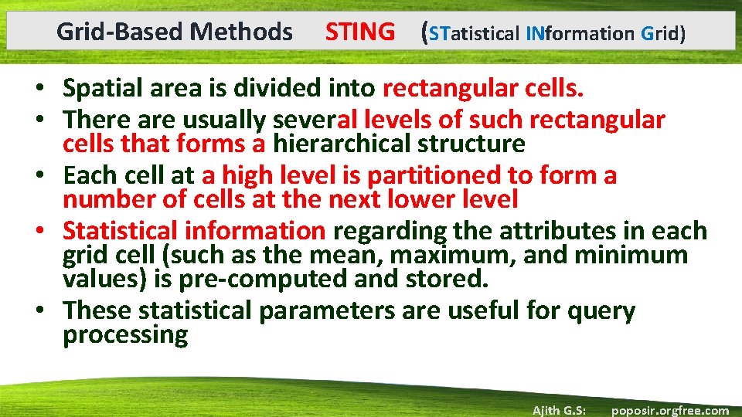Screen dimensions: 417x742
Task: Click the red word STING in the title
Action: (359, 32)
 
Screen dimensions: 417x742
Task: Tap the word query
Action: (601, 311)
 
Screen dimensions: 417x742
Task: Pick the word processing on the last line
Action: (125, 335)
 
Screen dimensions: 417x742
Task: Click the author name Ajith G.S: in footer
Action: (559, 410)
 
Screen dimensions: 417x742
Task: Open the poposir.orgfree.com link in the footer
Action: (669, 410)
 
